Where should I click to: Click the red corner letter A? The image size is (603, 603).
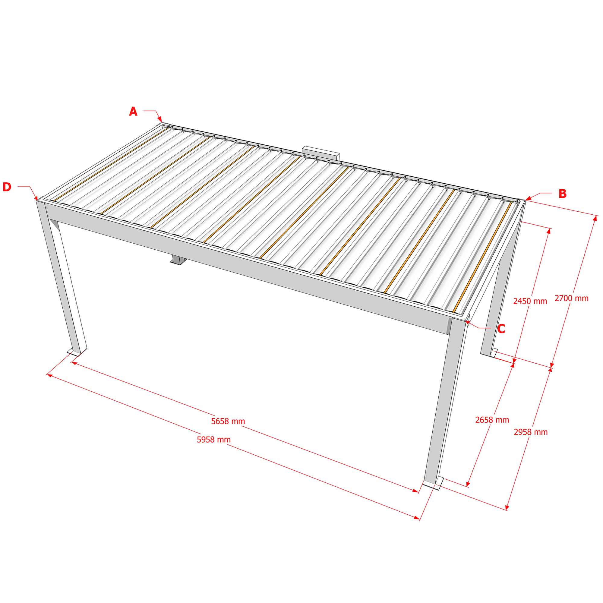click(133, 112)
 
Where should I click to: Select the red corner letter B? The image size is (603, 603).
click(562, 194)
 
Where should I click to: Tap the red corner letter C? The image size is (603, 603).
click(501, 329)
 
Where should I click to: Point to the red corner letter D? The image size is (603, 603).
click(7, 187)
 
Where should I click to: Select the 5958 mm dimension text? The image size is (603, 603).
click(214, 440)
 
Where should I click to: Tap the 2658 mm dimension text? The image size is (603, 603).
click(492, 420)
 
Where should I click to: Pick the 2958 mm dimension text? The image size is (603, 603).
click(531, 432)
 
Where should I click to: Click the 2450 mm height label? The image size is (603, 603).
click(530, 301)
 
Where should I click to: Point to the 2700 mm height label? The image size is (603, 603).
click(571, 298)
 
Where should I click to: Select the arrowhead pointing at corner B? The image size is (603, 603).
click(528, 197)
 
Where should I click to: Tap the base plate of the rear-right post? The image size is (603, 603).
click(494, 353)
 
